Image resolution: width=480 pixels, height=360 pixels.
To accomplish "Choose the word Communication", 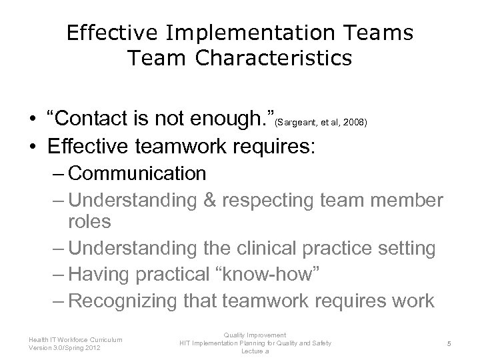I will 137,174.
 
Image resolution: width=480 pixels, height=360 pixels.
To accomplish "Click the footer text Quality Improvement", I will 255,335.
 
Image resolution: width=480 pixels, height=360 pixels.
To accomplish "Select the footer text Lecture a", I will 255,351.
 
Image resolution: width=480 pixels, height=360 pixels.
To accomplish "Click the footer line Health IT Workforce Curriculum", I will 75,339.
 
